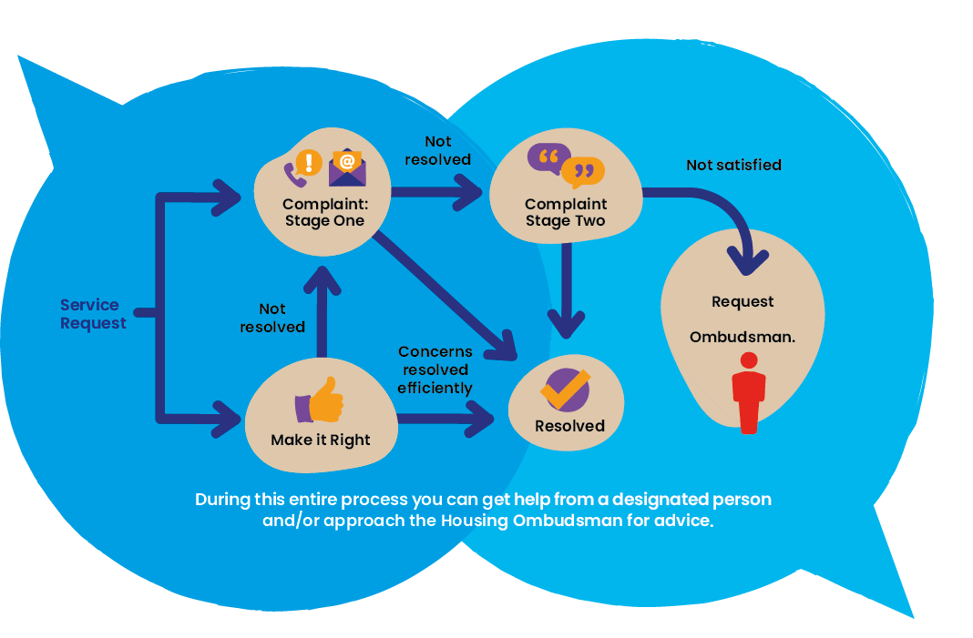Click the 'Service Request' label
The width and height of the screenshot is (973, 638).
[93, 314]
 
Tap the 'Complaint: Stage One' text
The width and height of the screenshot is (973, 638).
[324, 212]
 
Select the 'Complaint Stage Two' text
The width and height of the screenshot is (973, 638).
[566, 212]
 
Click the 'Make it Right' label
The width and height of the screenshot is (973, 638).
[321, 440]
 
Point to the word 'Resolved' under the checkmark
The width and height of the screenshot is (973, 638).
[569, 426]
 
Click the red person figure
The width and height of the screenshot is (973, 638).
[749, 390]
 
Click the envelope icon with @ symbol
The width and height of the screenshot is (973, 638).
[347, 167]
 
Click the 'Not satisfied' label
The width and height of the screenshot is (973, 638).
[733, 165]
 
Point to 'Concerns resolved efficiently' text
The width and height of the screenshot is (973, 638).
[435, 370]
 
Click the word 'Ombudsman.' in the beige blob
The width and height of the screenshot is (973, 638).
[743, 337]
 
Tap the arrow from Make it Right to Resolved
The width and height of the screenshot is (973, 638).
[446, 420]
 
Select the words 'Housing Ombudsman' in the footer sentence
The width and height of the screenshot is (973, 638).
[509, 521]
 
